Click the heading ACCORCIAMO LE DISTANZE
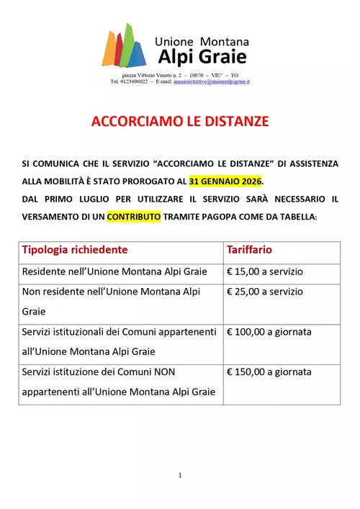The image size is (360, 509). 180,122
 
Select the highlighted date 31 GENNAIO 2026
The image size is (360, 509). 226,181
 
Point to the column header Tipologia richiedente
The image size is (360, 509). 75,250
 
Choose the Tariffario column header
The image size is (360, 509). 249,250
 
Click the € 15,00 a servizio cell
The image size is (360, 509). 265,271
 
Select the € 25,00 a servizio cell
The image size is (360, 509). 265,292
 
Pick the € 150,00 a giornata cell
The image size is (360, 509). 269,372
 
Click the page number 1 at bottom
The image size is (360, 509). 180,475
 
